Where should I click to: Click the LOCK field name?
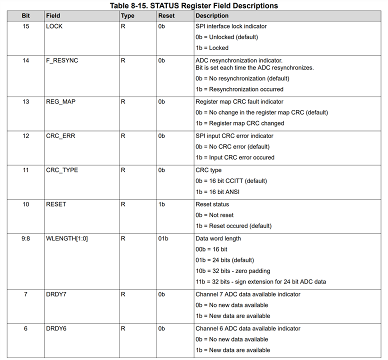point(54,26)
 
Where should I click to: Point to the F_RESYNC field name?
point(61,60)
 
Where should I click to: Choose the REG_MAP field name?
point(60,101)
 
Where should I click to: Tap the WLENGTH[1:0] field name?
point(67,238)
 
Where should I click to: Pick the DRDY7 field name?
point(56,294)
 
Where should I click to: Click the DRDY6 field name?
point(56,328)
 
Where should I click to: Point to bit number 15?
point(26,26)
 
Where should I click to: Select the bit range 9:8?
point(26,238)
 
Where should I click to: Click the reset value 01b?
point(163,238)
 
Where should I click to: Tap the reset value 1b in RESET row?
point(161,204)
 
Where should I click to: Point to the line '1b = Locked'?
point(211,48)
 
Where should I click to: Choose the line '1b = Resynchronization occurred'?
point(239,89)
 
